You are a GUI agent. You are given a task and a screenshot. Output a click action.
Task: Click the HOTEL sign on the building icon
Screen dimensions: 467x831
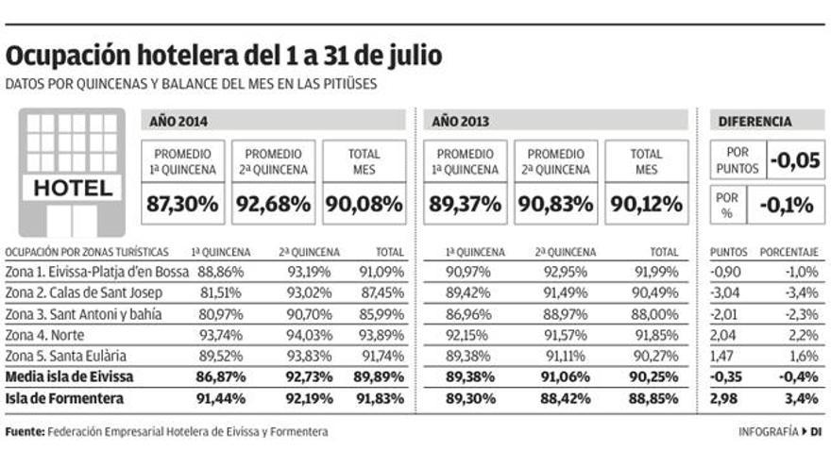(73, 188)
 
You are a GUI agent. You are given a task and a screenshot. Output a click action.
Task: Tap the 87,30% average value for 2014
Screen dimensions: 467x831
(184, 203)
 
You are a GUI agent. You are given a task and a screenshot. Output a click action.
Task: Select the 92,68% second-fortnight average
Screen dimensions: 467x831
(274, 203)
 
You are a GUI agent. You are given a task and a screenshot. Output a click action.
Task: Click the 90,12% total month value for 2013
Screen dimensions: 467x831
(647, 203)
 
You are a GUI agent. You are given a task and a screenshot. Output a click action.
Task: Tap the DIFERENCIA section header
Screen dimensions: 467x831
(755, 121)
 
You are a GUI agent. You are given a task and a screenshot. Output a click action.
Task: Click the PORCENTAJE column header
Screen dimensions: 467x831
(790, 253)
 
